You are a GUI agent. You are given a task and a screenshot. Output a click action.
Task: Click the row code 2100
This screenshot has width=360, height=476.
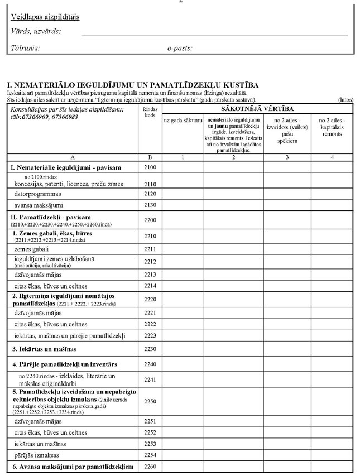tap(150, 167)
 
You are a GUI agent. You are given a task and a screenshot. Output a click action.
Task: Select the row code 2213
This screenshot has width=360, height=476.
tap(150, 275)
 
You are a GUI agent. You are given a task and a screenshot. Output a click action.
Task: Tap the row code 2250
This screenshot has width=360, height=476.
tap(150, 401)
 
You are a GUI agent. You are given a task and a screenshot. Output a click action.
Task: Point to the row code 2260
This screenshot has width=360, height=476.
tap(150, 467)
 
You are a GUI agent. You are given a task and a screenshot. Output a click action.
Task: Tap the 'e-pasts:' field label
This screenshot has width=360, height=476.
tap(180, 48)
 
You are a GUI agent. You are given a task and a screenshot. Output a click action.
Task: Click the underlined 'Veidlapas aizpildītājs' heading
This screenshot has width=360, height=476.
tap(45, 17)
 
